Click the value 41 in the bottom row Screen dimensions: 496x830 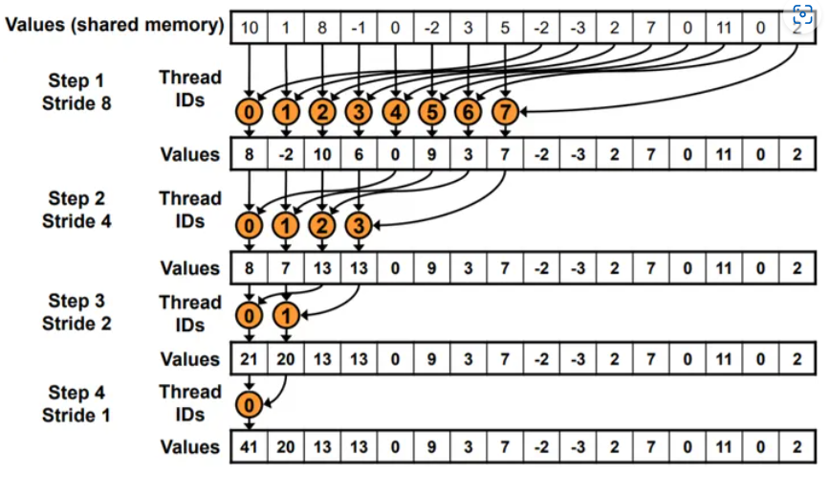click(x=249, y=447)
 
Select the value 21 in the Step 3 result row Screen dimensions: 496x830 click(x=249, y=359)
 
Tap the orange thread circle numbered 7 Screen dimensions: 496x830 click(x=505, y=113)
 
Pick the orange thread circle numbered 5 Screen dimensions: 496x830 click(x=432, y=113)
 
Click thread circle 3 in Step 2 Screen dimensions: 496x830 click(x=359, y=227)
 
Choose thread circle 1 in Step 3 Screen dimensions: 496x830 click(x=285, y=315)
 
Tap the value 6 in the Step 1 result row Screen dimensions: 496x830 click(x=359, y=154)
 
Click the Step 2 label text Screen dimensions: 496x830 click(x=76, y=198)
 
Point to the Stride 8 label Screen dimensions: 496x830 click(x=76, y=102)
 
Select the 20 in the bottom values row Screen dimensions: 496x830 click(x=285, y=447)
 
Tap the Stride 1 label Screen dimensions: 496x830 click(x=76, y=416)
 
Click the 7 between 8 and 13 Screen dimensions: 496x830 click(x=285, y=269)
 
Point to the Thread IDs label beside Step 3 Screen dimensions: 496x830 click(x=190, y=313)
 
